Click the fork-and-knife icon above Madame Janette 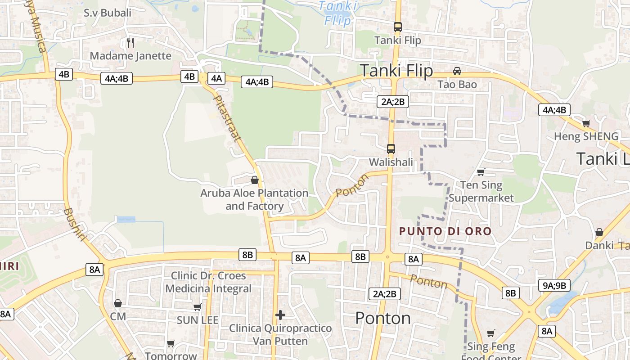coord(130,43)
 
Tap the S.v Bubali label coord(108,13)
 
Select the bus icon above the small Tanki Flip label coord(397,27)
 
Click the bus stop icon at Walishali coord(391,148)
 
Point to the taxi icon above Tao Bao coord(457,71)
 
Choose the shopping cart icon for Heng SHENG coord(586,123)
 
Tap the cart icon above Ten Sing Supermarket coord(481,172)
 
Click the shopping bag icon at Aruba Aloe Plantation coord(255,180)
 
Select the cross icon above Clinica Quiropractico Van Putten coord(280,315)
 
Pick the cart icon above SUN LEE coord(197,307)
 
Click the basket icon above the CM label coord(118,303)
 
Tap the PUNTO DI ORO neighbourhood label coord(445,231)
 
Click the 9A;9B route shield coord(554,285)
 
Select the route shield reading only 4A coord(216,78)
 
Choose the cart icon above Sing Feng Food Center coord(490,333)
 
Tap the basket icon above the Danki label coord(599,232)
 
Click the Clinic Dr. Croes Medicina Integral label coord(208,282)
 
